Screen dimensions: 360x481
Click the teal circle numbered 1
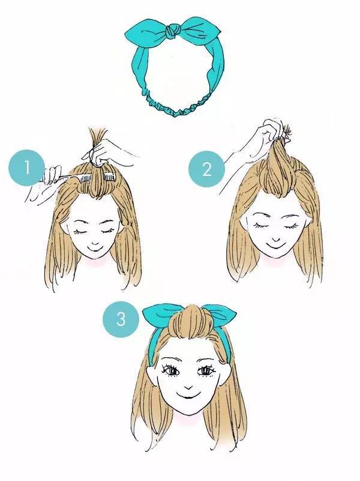[27, 168]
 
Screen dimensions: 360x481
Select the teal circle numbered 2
[206, 169]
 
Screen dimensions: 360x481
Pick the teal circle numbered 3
[121, 319]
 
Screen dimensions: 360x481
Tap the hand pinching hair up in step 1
[107, 153]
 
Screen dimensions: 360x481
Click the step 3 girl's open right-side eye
[205, 371]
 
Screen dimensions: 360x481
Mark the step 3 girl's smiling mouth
[187, 396]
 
